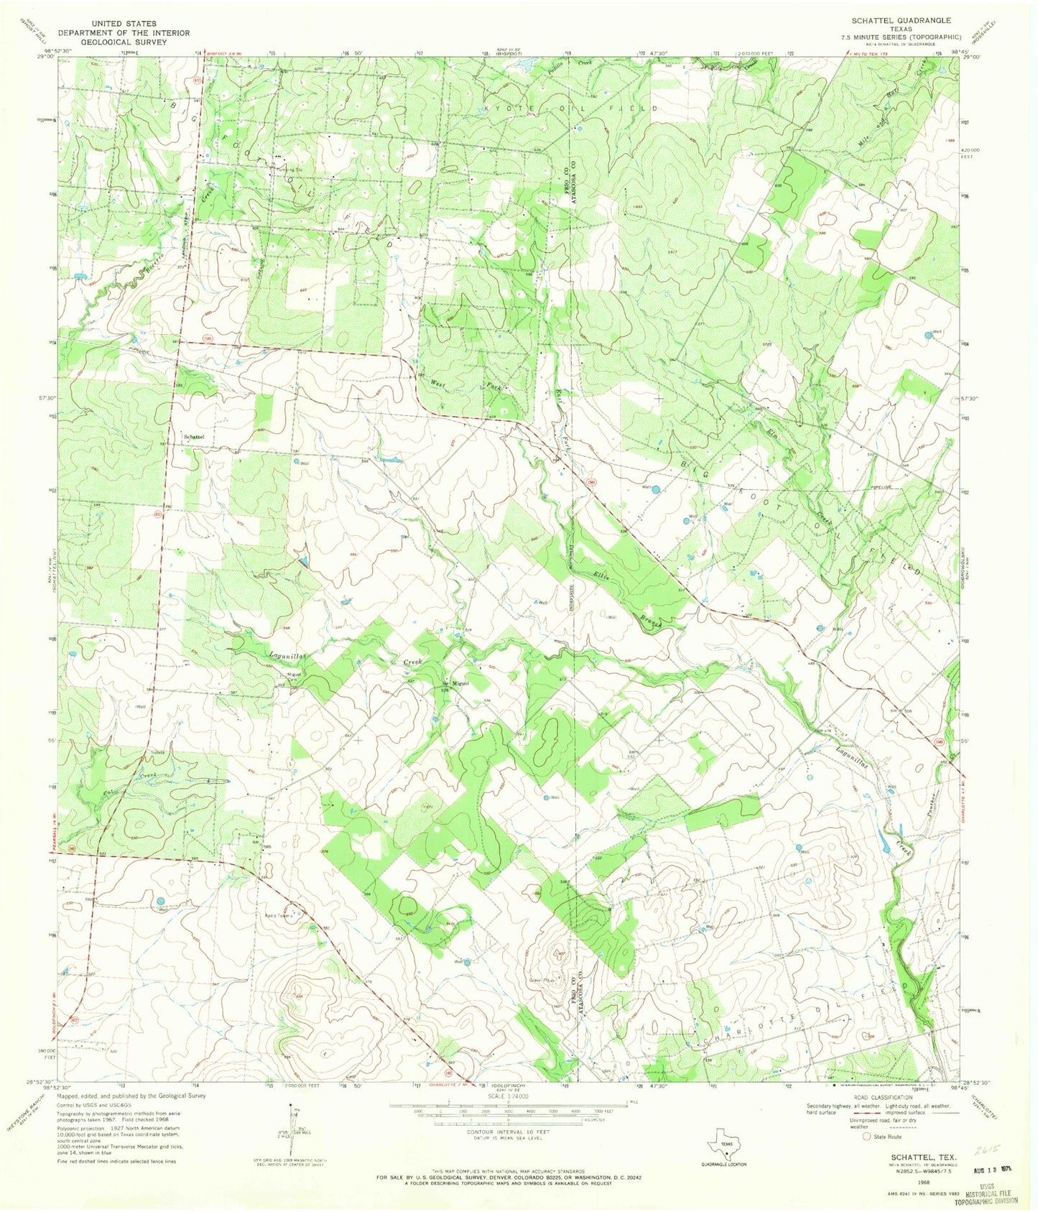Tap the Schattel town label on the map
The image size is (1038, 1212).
tap(194, 436)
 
